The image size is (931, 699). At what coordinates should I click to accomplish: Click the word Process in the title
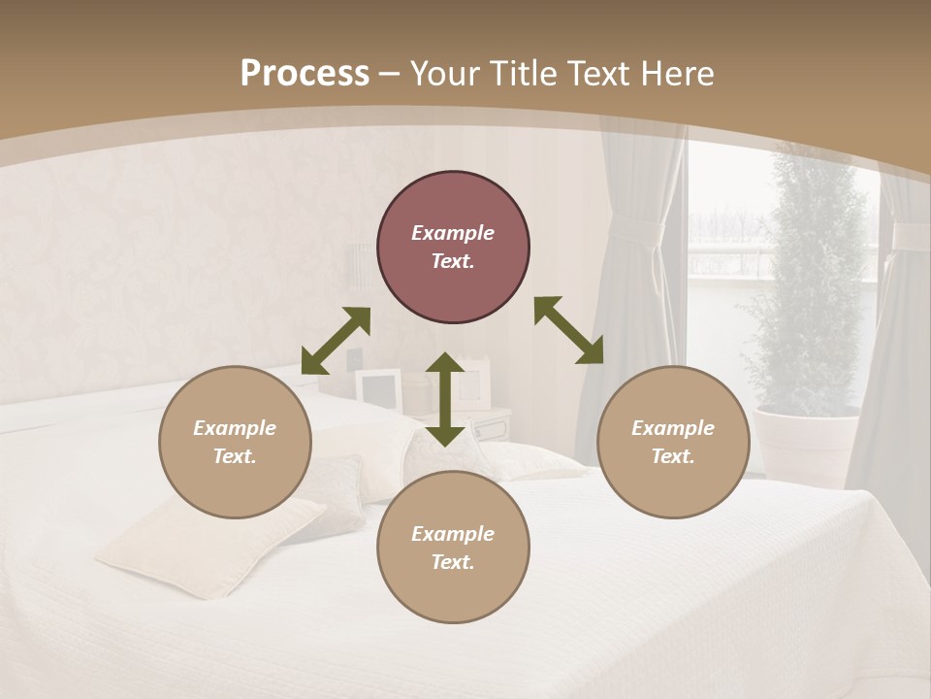pyautogui.click(x=305, y=74)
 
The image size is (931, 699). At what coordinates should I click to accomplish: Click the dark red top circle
pyautogui.click(x=453, y=247)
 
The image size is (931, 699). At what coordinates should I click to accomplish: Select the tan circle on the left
pyautogui.click(x=235, y=442)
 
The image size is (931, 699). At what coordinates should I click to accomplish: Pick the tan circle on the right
pyautogui.click(x=673, y=442)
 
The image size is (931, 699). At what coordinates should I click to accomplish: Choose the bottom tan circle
pyautogui.click(x=453, y=548)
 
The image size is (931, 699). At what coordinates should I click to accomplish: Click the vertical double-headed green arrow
pyautogui.click(x=445, y=399)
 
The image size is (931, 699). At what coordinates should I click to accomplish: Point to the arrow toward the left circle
pyautogui.click(x=336, y=341)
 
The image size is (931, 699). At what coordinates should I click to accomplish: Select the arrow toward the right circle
pyautogui.click(x=568, y=330)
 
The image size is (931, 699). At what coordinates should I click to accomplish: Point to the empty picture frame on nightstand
pyautogui.click(x=378, y=388)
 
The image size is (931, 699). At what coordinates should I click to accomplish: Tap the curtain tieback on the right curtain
pyautogui.click(x=912, y=236)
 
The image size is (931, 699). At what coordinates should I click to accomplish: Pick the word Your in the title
pyautogui.click(x=445, y=74)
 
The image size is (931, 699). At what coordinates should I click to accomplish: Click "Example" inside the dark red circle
pyautogui.click(x=453, y=233)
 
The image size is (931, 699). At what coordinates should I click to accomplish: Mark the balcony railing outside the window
pyautogui.click(x=727, y=257)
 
